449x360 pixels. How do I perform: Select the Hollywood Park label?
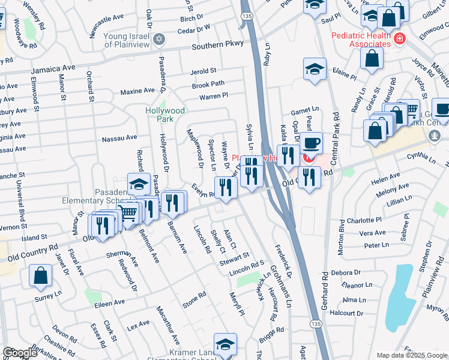click(x=165, y=115)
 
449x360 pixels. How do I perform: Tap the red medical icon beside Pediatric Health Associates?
click(x=399, y=40)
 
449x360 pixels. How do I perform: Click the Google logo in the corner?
click(x=20, y=353)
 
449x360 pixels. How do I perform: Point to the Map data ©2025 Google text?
click(x=411, y=356)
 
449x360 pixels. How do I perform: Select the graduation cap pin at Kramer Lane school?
click(x=225, y=344)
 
